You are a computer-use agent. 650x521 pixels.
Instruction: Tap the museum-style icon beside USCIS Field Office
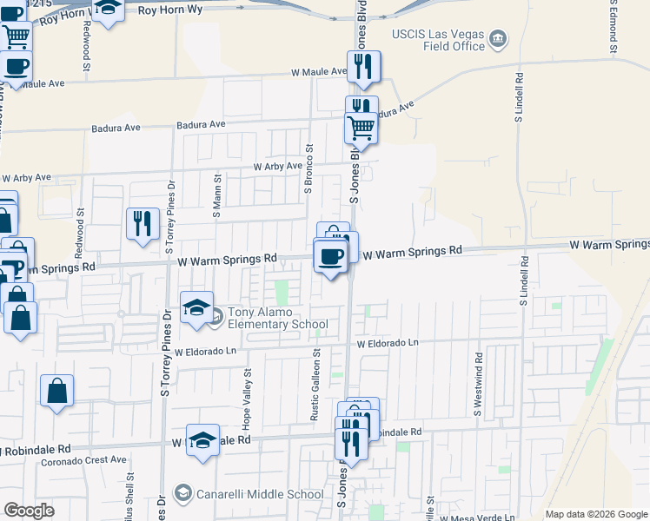click(497, 38)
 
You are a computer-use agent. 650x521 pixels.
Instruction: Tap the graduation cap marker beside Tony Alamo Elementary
click(196, 307)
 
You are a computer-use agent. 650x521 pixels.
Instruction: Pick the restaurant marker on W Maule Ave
click(363, 67)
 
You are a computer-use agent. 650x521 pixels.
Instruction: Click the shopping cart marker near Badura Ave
click(361, 129)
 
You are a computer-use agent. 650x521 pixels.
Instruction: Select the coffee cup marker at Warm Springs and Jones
click(330, 255)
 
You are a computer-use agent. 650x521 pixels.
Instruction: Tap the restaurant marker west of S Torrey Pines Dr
click(141, 224)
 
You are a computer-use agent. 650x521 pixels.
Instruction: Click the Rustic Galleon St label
click(316, 386)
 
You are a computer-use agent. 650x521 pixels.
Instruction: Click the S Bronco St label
click(308, 167)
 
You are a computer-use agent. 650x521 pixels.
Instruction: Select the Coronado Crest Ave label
click(84, 460)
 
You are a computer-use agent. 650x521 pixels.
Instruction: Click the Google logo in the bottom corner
click(29, 511)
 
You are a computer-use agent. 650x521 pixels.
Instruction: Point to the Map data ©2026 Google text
click(595, 514)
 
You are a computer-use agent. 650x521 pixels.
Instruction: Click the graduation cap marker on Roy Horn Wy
click(108, 10)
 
